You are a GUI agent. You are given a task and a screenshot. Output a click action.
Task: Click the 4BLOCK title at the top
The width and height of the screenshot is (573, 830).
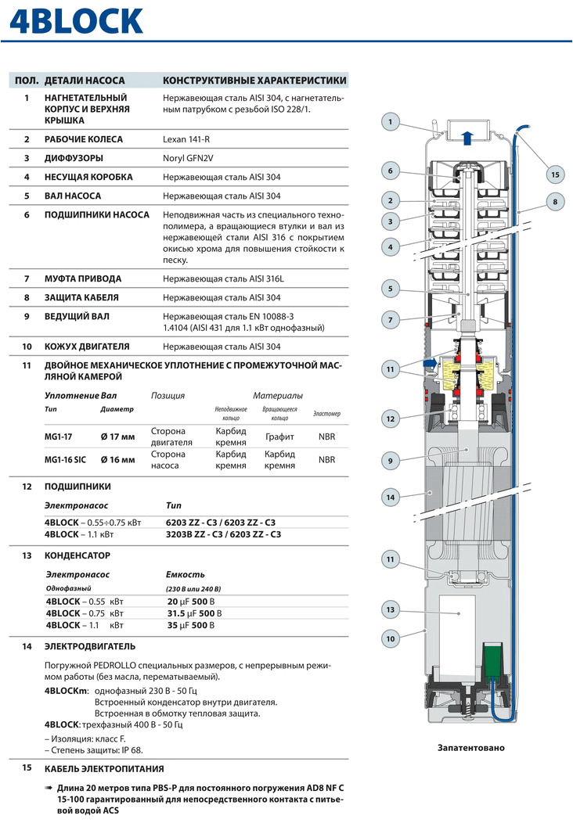[x=76, y=23]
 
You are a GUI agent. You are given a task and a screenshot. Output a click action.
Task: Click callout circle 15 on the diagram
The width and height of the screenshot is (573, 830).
[x=555, y=174]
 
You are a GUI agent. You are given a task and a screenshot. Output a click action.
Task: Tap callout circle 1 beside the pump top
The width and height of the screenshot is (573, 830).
[x=391, y=121]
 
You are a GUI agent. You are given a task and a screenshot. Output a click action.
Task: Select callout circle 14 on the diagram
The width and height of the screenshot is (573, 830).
[x=391, y=496]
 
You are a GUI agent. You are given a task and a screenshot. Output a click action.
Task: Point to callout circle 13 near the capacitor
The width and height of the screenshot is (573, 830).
[x=391, y=609]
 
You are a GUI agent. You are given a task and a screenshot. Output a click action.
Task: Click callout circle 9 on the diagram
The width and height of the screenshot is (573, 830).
[x=391, y=461]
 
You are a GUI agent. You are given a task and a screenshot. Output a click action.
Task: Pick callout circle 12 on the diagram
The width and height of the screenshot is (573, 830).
[x=391, y=419]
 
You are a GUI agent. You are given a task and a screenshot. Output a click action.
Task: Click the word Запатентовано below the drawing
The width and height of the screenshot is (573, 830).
[x=470, y=748]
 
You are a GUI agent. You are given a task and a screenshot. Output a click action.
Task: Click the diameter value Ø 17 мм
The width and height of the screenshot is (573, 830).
[x=118, y=437]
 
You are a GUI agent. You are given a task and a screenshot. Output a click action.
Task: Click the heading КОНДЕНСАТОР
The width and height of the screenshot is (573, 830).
[x=77, y=555]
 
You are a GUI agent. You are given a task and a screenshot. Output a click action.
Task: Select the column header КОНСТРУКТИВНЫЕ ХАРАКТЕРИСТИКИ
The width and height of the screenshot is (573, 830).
[x=254, y=81]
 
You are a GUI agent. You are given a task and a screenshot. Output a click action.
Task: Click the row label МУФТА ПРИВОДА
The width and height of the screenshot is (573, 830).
[x=83, y=278]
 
